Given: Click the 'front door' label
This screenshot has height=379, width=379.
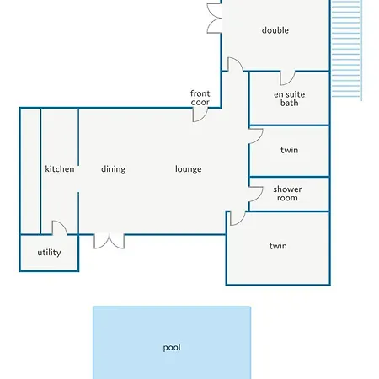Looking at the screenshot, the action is (200, 98).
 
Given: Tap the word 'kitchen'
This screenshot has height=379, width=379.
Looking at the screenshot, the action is (60, 169).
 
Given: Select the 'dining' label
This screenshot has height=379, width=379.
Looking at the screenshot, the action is (113, 169).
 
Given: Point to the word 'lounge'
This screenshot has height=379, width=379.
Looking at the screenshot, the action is (188, 169).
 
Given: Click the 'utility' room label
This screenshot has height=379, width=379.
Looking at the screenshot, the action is (49, 253).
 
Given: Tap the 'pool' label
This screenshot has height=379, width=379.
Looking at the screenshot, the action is (172, 348).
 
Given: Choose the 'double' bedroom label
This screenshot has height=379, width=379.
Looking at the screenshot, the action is (275, 30).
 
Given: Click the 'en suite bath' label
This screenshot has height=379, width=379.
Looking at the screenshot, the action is (289, 99).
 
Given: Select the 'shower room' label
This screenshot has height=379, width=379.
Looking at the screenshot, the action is (287, 194).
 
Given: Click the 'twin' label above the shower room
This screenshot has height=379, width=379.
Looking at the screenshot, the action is (289, 150).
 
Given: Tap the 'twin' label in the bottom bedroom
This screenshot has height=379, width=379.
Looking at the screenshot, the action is (278, 246).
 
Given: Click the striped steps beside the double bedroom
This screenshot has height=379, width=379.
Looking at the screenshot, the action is (346, 49).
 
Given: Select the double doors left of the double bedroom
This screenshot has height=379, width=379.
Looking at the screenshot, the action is (215, 19).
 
